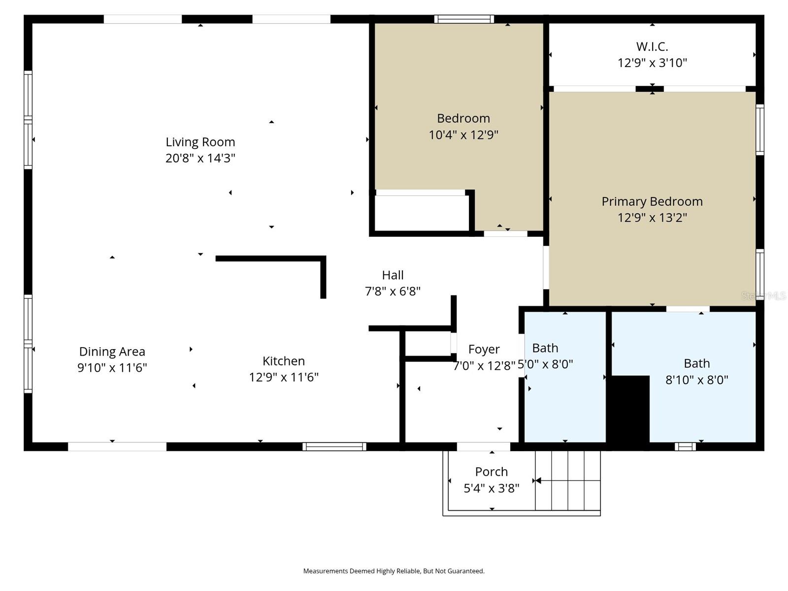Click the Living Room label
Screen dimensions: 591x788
[200, 142]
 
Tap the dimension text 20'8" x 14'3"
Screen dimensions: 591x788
[200, 158]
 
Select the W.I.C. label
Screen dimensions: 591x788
[652, 47]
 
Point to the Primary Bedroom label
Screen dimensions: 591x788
[652, 201]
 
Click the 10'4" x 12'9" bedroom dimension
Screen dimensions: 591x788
[463, 134]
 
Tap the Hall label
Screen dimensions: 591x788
[393, 275]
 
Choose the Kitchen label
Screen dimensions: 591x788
[284, 361]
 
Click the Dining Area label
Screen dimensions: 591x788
[112, 352]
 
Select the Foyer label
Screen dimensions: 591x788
[484, 349]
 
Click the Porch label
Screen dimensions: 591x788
[491, 472]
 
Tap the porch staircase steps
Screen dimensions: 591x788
[568, 481]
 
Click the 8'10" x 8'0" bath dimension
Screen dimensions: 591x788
[696, 380]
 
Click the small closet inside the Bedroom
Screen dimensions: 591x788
[421, 213]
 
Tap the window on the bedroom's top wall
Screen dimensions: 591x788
[464, 19]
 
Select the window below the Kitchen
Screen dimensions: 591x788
[334, 447]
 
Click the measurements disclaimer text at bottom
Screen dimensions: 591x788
[394, 571]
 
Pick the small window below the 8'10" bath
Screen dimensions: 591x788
[685, 447]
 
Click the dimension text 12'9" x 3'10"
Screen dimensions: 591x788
[652, 63]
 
